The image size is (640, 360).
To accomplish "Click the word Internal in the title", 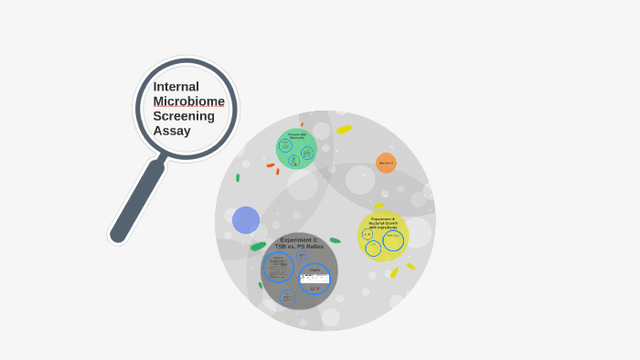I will [176, 86].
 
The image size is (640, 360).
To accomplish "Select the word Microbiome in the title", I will [188, 101].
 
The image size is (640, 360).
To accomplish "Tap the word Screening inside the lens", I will [183, 115].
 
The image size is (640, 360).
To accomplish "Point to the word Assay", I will [172, 131].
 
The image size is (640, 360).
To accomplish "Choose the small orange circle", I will [386, 164].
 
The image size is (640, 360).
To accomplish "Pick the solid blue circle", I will [246, 220].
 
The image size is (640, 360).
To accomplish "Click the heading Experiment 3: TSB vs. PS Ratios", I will [302, 243].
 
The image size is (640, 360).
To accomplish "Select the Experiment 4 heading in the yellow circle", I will [383, 222].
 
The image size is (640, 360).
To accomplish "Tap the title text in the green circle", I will [296, 136].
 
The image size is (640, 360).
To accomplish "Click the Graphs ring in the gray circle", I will [315, 279].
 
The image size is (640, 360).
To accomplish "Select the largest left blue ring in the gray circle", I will [278, 268].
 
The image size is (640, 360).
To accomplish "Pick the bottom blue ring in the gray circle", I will [287, 297].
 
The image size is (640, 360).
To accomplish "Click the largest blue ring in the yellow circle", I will [393, 240].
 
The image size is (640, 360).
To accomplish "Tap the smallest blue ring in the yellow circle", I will [368, 234].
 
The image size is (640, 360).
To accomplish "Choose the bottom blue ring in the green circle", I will [294, 161].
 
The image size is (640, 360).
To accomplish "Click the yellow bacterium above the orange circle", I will [344, 130].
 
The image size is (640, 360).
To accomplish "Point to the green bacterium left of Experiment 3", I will [259, 246].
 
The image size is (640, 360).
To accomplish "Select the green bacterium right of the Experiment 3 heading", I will [336, 240].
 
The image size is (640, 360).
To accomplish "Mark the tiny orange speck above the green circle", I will [302, 124].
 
